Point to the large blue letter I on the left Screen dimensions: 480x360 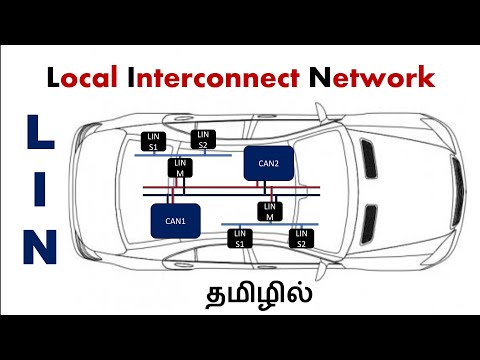pos(33,186)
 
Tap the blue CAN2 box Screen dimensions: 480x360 pos(269,164)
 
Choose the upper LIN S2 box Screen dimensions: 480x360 pos(203,139)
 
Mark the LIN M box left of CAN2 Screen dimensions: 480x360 pos(181,168)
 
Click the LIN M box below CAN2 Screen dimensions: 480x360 pos(270,211)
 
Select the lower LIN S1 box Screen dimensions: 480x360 pos(239,238)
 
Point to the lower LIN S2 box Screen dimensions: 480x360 pos(300,238)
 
